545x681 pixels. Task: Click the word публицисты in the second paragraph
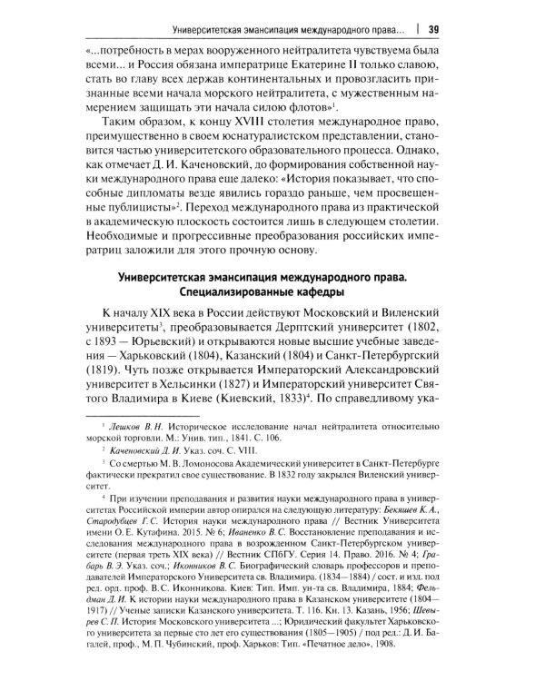coord(120,210)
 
